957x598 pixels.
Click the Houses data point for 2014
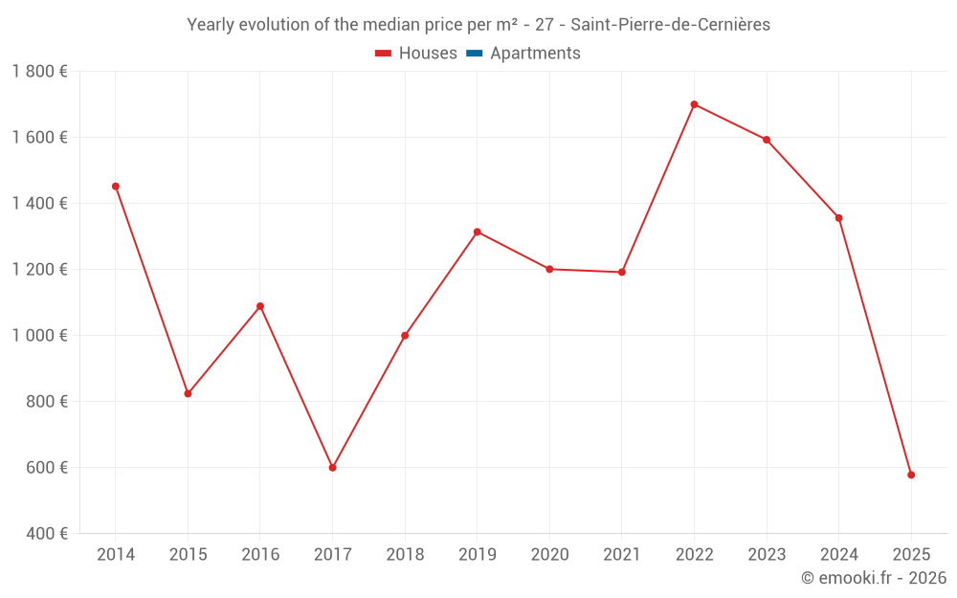[116, 187]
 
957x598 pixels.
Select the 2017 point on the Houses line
[332, 468]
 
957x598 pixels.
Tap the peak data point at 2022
[694, 104]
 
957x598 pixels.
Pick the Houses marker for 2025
[911, 475]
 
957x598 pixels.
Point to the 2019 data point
[477, 232]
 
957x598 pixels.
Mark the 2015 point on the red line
[188, 393]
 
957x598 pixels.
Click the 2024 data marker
[838, 218]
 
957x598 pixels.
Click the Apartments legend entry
[535, 54]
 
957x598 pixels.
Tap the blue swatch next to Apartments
[474, 54]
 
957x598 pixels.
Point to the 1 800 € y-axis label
[39, 72]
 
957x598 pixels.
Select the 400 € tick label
[45, 534]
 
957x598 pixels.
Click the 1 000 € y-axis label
[39, 336]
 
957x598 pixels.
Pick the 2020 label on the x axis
[549, 555]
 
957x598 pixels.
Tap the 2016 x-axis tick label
[260, 555]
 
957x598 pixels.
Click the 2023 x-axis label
[767, 555]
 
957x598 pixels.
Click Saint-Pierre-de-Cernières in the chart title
[670, 25]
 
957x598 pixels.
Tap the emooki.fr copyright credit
[874, 578]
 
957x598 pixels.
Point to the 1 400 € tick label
[39, 204]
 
